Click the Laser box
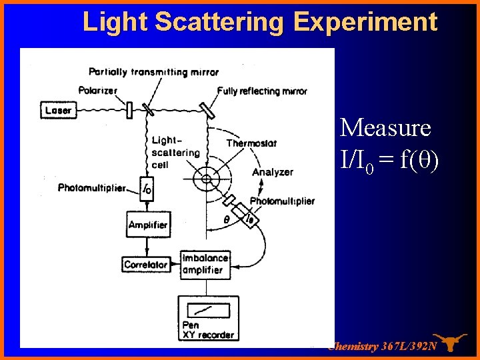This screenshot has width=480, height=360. (x=59, y=110)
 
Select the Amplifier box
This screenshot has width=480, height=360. (x=148, y=225)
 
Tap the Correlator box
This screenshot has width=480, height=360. (x=145, y=265)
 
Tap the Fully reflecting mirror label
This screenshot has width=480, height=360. (x=262, y=91)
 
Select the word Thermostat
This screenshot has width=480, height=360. (x=251, y=143)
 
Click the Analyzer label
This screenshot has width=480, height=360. (x=272, y=172)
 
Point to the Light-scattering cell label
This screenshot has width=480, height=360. (x=175, y=153)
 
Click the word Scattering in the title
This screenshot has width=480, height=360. (x=223, y=22)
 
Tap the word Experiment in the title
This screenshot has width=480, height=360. (x=365, y=22)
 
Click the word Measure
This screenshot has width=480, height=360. (x=385, y=127)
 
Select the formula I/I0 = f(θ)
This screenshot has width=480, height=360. (x=389, y=160)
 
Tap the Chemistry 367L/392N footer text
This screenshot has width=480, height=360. (x=383, y=346)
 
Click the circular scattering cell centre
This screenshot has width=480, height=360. (x=206, y=179)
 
